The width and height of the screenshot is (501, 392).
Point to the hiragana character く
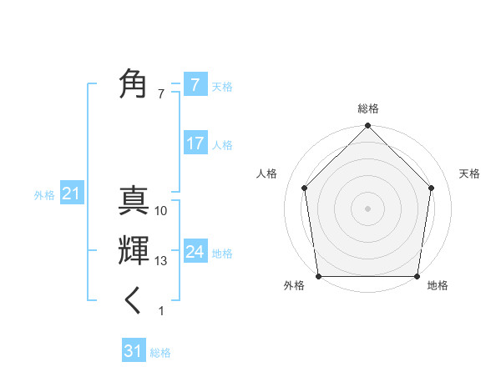pyautogui.click(x=134, y=300)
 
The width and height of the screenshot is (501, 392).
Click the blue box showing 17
pyautogui.click(x=195, y=143)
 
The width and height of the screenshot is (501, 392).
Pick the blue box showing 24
pyautogui.click(x=195, y=252)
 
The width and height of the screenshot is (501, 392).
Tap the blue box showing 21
pyautogui.click(x=71, y=194)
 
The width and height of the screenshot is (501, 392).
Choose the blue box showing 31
pyautogui.click(x=134, y=351)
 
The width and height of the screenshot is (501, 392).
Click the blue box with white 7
pyautogui.click(x=195, y=84)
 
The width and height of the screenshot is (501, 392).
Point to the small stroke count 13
pyautogui.click(x=161, y=261)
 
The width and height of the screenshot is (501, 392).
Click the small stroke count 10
pyautogui.click(x=161, y=211)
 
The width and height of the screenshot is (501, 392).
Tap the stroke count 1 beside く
pyautogui.click(x=161, y=311)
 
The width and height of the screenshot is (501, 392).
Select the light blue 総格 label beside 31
pyautogui.click(x=160, y=353)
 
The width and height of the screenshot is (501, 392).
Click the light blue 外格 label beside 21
pyautogui.click(x=44, y=195)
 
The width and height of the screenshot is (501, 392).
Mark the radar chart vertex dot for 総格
pyautogui.click(x=367, y=127)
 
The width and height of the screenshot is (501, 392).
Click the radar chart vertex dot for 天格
pyautogui.click(x=432, y=188)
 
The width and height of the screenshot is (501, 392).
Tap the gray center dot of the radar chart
pyautogui.click(x=367, y=208)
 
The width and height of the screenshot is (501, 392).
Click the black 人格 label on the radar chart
pyautogui.click(x=266, y=173)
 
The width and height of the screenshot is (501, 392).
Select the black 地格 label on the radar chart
pyautogui.click(x=438, y=286)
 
